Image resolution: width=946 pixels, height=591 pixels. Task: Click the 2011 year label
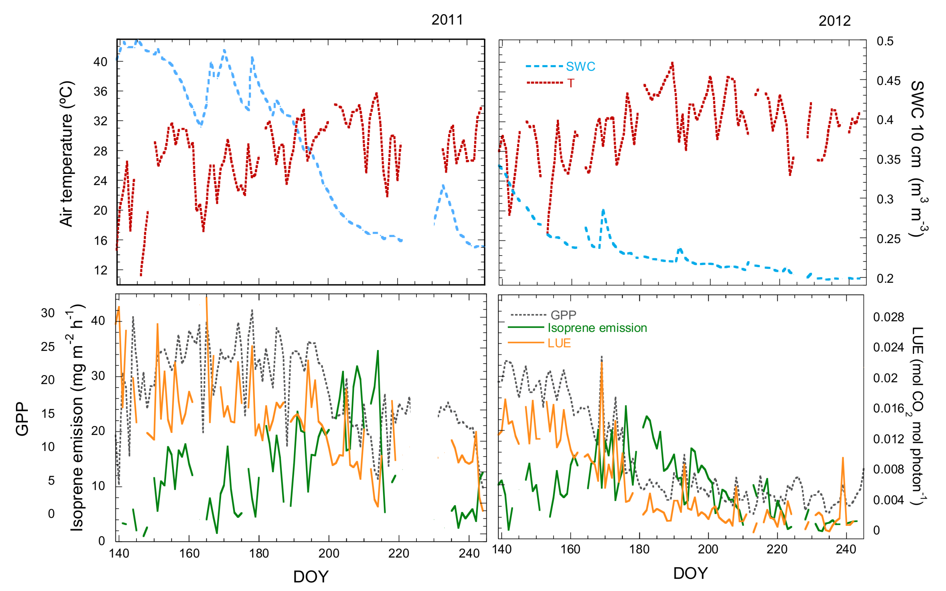tap(447, 20)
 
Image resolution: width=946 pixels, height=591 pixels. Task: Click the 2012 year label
tap(834, 21)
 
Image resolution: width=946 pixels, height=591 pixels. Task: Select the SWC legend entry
tap(580, 67)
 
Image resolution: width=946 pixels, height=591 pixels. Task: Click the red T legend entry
tap(571, 83)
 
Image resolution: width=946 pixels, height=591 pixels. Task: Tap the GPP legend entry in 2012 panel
tap(563, 314)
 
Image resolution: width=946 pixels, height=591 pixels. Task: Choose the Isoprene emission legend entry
tap(597, 328)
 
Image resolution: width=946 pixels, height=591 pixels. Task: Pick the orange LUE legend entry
tap(559, 343)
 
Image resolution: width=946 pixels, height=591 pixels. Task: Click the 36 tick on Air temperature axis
tap(100, 92)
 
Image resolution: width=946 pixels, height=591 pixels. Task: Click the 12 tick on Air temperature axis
tap(100, 270)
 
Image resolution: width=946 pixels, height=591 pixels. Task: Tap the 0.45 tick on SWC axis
tap(888, 81)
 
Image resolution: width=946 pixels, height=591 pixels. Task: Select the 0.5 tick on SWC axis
tap(885, 41)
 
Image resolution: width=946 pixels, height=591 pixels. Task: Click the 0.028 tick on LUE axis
tap(888, 317)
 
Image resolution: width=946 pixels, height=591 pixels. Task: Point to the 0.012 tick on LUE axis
tap(888, 439)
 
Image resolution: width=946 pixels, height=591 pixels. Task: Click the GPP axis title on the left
tap(22, 419)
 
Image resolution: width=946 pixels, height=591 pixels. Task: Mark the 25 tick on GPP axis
tap(48, 346)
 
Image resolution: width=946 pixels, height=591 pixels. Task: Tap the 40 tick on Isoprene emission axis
tap(98, 320)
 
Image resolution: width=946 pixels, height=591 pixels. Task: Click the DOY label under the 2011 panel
tap(311, 576)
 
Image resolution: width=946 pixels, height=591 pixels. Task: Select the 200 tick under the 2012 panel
tap(708, 549)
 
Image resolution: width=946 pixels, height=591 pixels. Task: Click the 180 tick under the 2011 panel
tap(259, 553)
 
